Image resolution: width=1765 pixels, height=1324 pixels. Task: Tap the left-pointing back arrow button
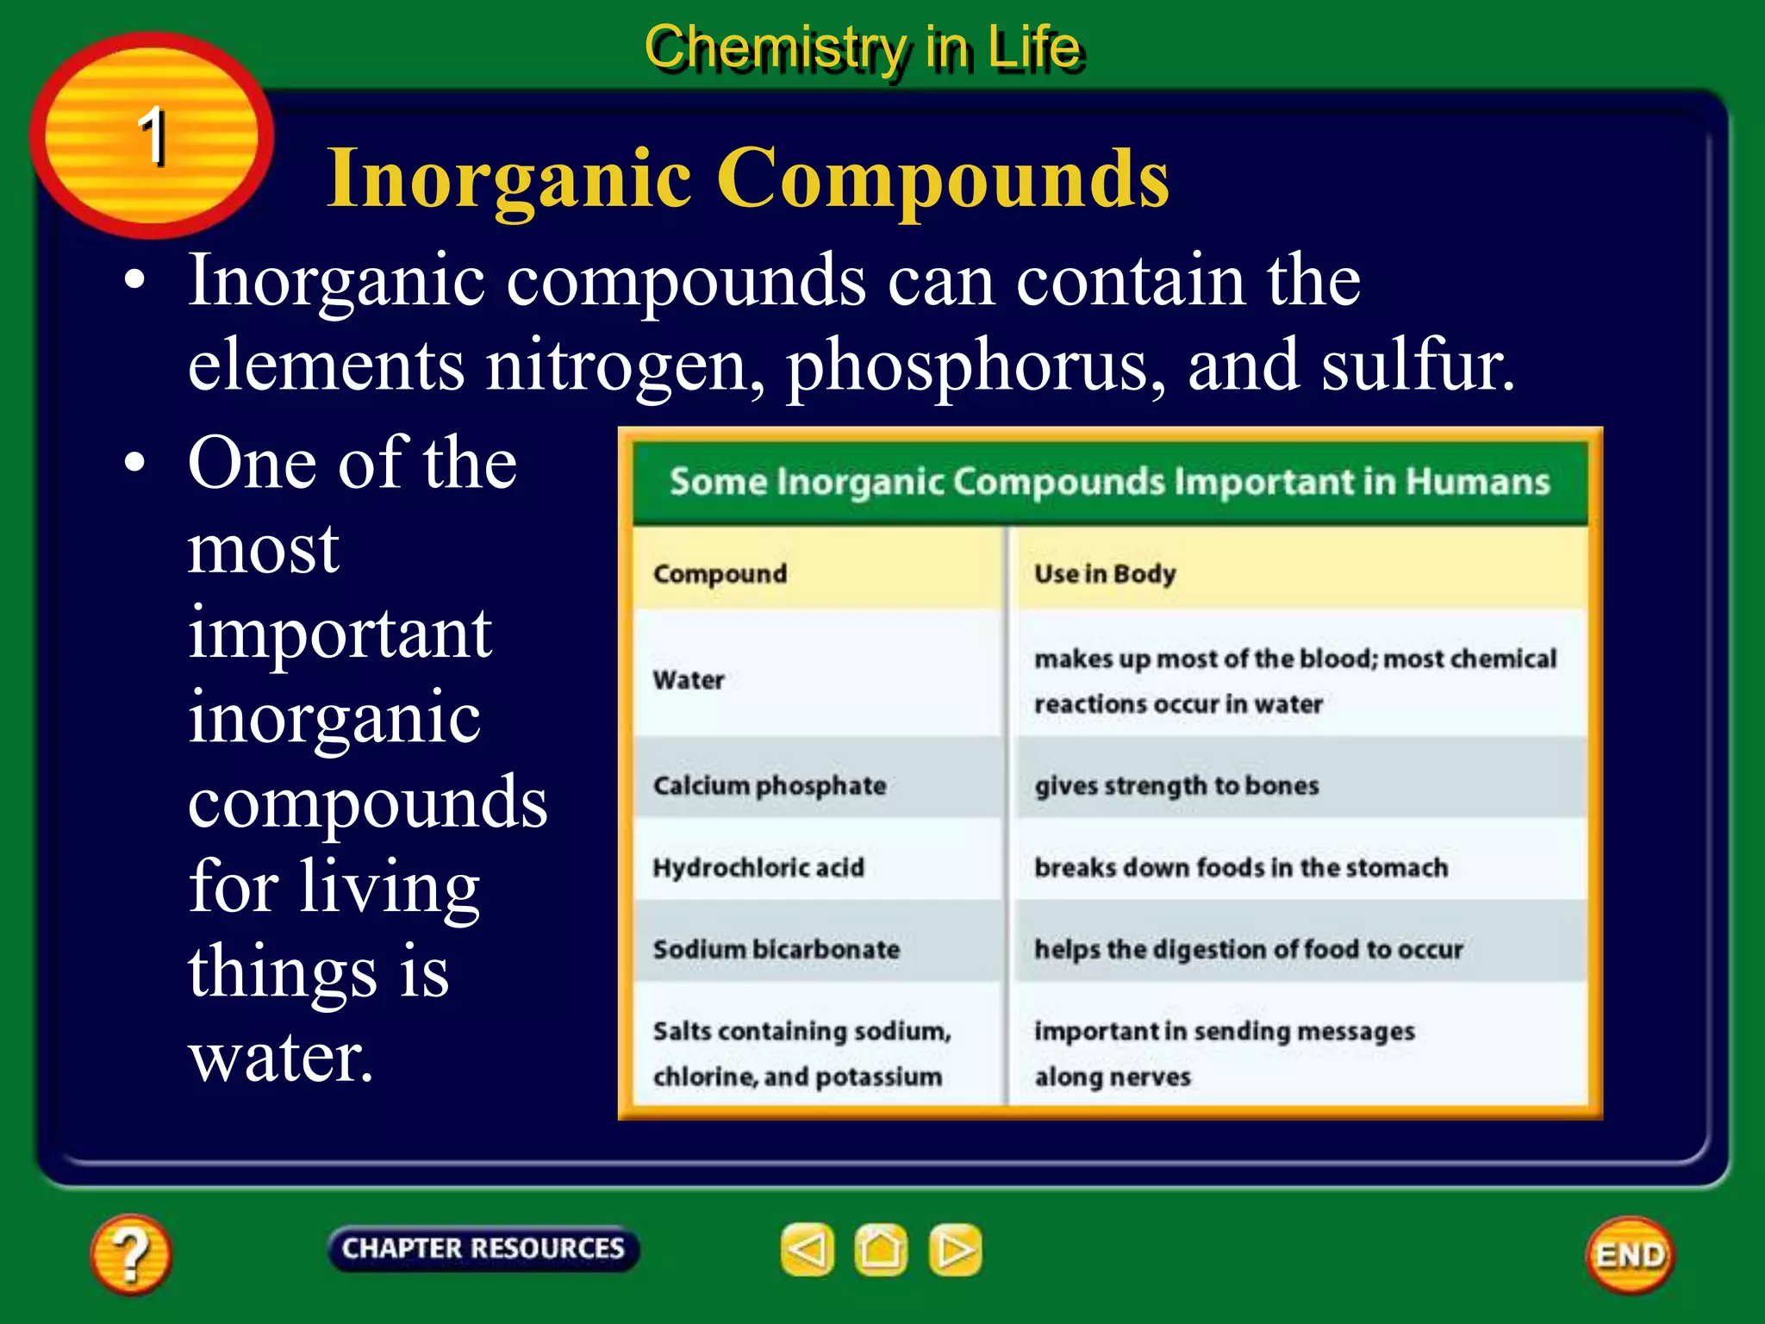pyautogui.click(x=808, y=1250)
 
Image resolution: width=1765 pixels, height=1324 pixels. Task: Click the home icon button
pyautogui.click(x=881, y=1250)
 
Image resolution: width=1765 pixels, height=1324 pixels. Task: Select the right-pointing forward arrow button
pyautogui.click(x=955, y=1250)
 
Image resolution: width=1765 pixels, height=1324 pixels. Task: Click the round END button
pyautogui.click(x=1629, y=1255)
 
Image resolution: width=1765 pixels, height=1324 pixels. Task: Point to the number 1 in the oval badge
pyautogui.click(x=153, y=135)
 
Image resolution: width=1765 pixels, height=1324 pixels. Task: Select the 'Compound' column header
pyautogui.click(x=720, y=573)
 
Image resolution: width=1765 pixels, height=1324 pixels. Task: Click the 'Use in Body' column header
pyautogui.click(x=1105, y=573)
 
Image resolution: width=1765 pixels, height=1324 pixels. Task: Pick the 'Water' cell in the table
pyautogui.click(x=689, y=680)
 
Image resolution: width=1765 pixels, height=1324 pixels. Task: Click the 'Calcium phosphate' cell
pyautogui.click(x=770, y=785)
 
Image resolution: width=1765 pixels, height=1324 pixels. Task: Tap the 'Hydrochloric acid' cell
pyautogui.click(x=758, y=867)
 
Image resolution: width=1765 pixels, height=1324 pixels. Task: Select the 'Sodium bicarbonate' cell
pyautogui.click(x=776, y=949)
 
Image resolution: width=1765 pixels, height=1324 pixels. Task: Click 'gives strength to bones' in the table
pyautogui.click(x=1176, y=785)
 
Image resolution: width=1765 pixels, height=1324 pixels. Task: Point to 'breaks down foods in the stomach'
pyautogui.click(x=1241, y=867)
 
